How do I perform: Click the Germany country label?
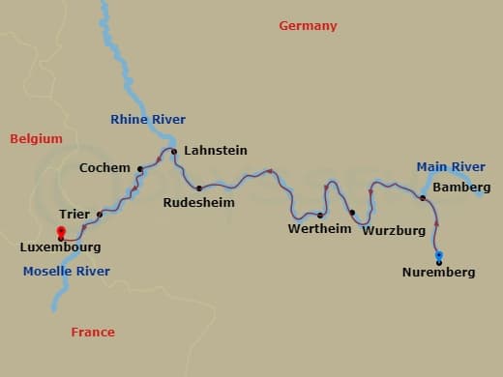(308, 26)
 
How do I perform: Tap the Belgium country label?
(36, 139)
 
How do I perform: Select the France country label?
(93, 333)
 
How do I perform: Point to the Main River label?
(451, 167)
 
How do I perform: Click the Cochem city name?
(105, 168)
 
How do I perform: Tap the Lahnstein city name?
(215, 151)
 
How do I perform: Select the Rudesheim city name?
(197, 204)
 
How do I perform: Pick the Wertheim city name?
(319, 229)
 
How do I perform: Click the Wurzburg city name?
(394, 231)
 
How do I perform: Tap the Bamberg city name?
(461, 187)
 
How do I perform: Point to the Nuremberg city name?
(438, 273)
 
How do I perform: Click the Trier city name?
(74, 215)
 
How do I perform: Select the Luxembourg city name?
(60, 247)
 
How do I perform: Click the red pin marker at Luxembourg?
(61, 232)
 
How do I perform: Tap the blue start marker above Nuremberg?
(439, 255)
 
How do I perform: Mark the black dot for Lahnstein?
(174, 152)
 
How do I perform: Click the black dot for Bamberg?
(423, 198)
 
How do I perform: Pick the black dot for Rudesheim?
(199, 188)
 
